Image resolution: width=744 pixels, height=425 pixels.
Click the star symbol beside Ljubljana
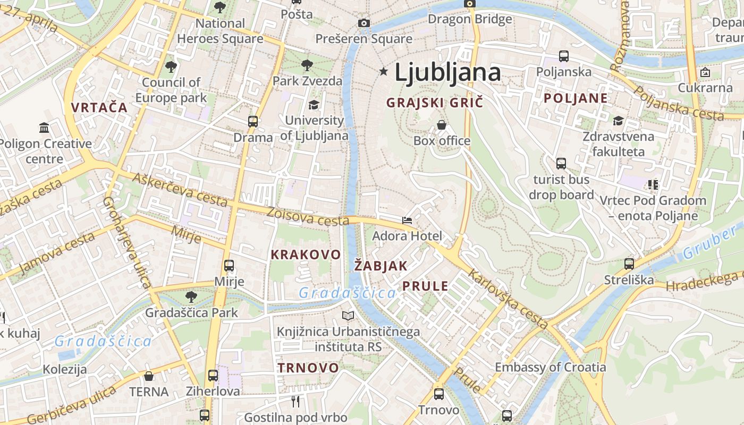click(383, 71)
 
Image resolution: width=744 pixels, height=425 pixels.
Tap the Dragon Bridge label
click(470, 20)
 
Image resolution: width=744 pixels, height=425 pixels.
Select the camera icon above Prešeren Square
click(364, 23)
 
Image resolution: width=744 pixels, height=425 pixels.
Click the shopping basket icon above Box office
click(441, 125)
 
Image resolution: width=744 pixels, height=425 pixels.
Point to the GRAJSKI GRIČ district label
click(435, 103)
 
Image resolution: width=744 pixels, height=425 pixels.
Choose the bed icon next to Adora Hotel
click(407, 220)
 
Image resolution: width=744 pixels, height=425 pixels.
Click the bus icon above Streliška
click(629, 263)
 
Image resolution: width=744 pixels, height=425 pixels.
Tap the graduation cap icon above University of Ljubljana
click(314, 105)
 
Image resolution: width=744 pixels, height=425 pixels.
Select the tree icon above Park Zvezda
click(307, 65)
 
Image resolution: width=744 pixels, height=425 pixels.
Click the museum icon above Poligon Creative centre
click(45, 128)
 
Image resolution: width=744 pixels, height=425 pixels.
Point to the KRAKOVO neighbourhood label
click(306, 254)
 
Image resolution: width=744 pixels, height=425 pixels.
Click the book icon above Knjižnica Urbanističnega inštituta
click(348, 316)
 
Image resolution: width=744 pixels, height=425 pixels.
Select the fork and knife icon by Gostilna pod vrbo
click(295, 401)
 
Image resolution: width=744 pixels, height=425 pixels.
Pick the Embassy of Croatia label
click(550, 367)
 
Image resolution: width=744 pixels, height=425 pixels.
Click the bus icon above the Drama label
click(253, 122)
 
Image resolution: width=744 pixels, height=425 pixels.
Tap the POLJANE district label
click(576, 98)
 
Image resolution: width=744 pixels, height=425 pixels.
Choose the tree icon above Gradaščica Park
click(191, 297)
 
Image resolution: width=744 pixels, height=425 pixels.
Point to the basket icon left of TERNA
click(149, 376)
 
